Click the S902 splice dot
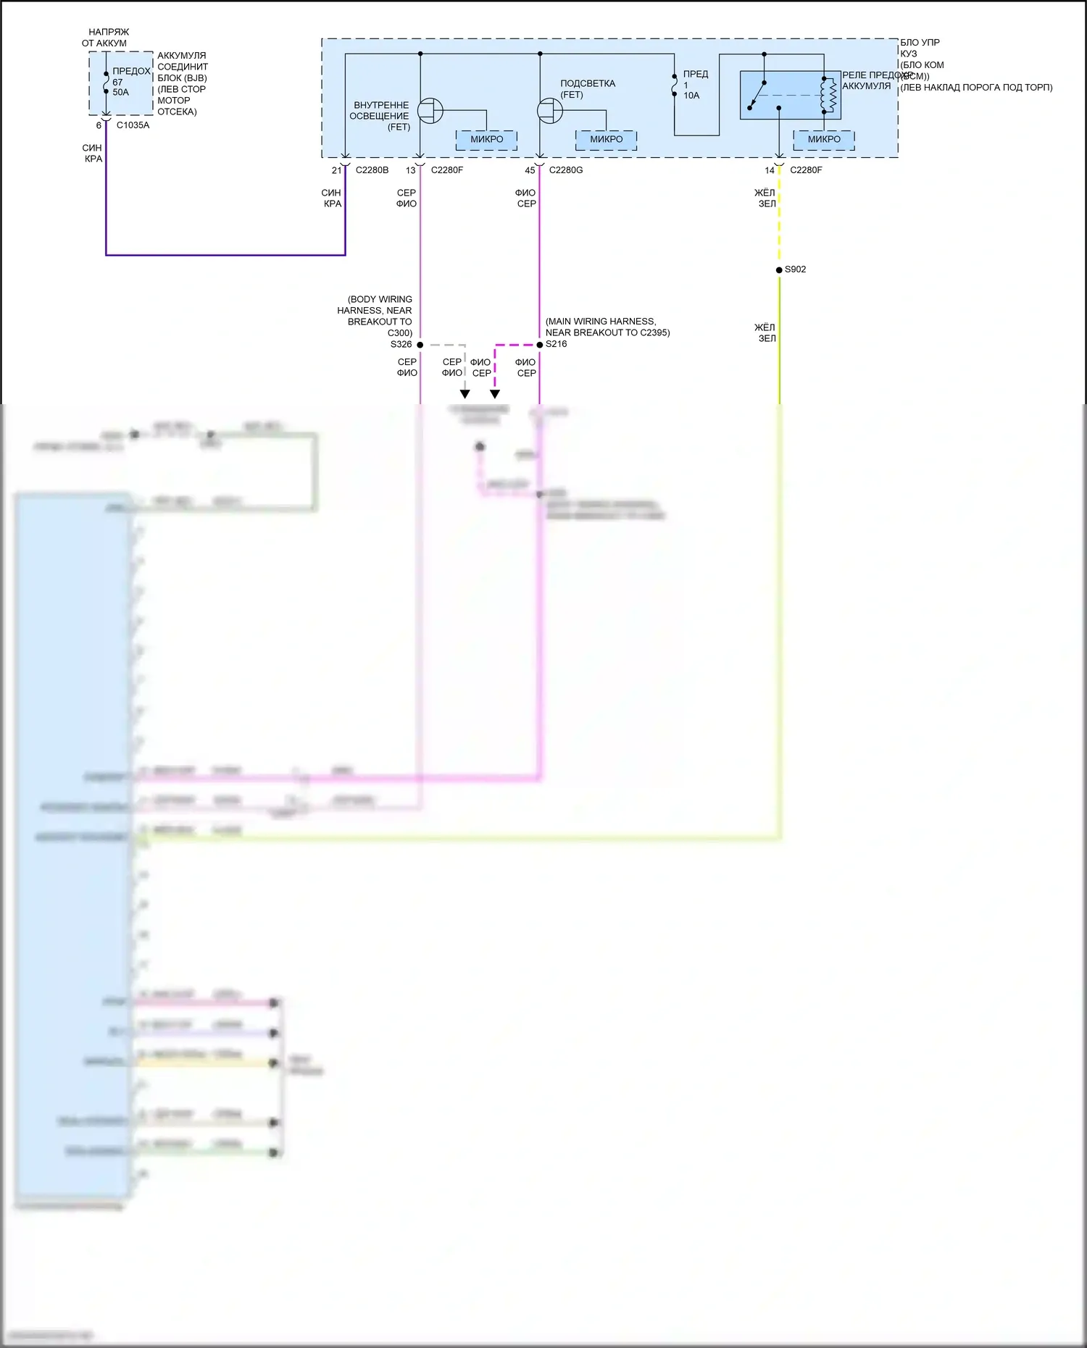point(779,270)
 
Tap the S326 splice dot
point(420,345)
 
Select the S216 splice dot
point(539,345)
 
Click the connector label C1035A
point(133,125)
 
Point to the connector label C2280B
point(372,170)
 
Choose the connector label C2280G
point(565,170)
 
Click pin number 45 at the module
point(530,170)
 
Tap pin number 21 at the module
point(336,170)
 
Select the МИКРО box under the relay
point(824,140)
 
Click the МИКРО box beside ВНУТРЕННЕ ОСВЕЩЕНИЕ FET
point(486,140)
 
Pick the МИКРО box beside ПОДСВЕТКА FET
point(606,140)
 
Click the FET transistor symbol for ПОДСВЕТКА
point(550,111)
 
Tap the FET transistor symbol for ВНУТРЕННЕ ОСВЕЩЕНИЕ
point(430,111)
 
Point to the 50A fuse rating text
point(120,93)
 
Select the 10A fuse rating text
point(691,96)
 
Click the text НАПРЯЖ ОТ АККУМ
point(106,38)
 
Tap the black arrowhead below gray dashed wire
point(465,394)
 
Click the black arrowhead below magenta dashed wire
point(495,394)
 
